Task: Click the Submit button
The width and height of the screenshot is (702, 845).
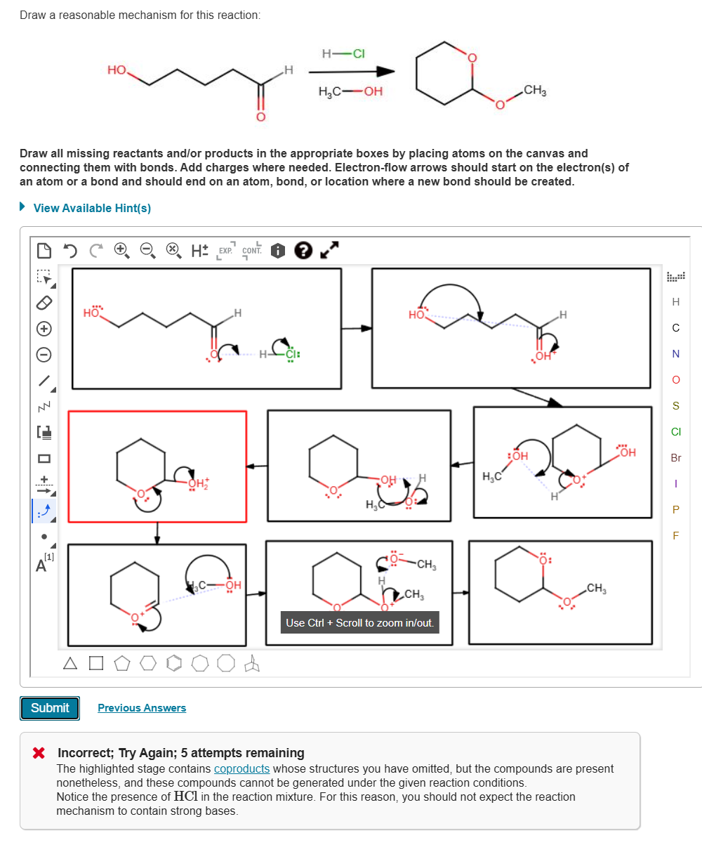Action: (50, 708)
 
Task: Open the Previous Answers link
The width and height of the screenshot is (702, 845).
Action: (142, 708)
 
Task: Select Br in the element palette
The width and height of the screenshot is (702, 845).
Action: (676, 458)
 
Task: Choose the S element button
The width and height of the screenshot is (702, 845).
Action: (676, 406)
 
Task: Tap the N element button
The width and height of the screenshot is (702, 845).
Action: (676, 354)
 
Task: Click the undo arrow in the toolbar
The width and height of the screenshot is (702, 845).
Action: (69, 250)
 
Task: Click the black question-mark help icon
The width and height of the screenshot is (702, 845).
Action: (303, 250)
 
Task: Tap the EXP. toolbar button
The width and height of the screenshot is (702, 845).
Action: (225, 250)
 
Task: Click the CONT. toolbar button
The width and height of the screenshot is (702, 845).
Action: (251, 250)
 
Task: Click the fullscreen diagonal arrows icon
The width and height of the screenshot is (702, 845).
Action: (330, 249)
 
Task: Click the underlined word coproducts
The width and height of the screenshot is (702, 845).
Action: (241, 768)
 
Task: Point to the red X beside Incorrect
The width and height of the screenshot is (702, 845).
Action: (39, 753)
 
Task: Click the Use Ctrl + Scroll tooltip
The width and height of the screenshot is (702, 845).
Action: (359, 622)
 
